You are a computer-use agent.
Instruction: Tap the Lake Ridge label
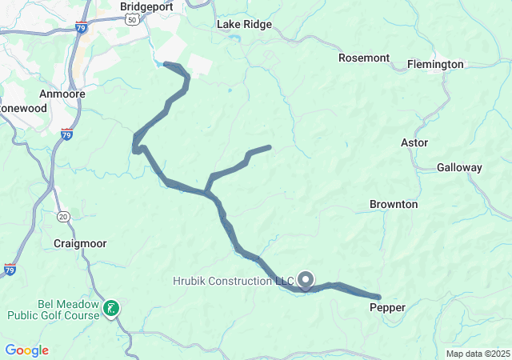click(x=244, y=25)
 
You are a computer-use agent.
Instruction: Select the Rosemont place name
click(x=363, y=58)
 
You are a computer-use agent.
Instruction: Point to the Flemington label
click(x=435, y=64)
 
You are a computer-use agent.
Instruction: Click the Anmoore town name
click(x=56, y=94)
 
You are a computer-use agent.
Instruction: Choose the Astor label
click(x=414, y=143)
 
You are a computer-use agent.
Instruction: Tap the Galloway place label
click(x=459, y=168)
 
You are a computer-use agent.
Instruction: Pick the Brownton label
click(x=394, y=205)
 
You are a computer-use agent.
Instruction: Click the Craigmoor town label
click(x=80, y=243)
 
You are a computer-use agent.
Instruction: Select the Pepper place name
click(x=388, y=307)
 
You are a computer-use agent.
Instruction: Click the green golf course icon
click(x=111, y=307)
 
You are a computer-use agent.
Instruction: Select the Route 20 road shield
click(x=63, y=216)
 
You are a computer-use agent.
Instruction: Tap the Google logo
click(x=26, y=350)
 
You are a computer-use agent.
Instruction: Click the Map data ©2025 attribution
click(x=478, y=354)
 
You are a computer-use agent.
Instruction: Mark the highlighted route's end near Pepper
click(x=378, y=298)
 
